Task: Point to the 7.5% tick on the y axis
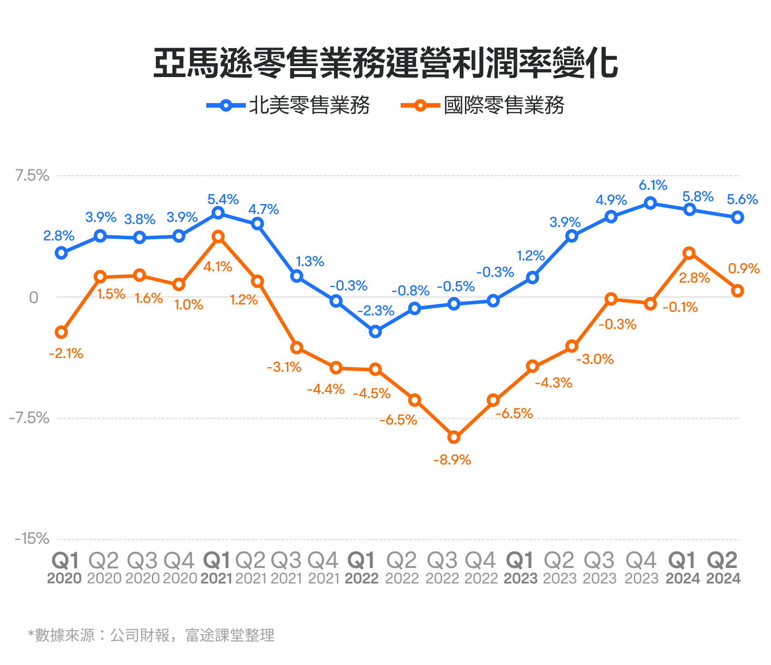pyautogui.click(x=32, y=176)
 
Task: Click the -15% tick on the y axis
pyautogui.click(x=32, y=539)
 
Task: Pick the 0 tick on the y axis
pyautogui.click(x=33, y=297)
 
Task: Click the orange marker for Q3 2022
pyautogui.click(x=454, y=437)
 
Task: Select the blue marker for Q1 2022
pyautogui.click(x=376, y=332)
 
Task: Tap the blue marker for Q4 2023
pyautogui.click(x=651, y=204)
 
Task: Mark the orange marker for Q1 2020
pyautogui.click(x=61, y=332)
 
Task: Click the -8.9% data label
pyautogui.click(x=452, y=460)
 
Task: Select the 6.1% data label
pyautogui.click(x=653, y=186)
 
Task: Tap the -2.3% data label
pyautogui.click(x=376, y=311)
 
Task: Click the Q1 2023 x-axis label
pyautogui.click(x=521, y=568)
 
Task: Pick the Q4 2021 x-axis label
pyautogui.click(x=323, y=568)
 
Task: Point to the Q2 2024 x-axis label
pyautogui.click(x=723, y=568)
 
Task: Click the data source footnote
pyautogui.click(x=151, y=635)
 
